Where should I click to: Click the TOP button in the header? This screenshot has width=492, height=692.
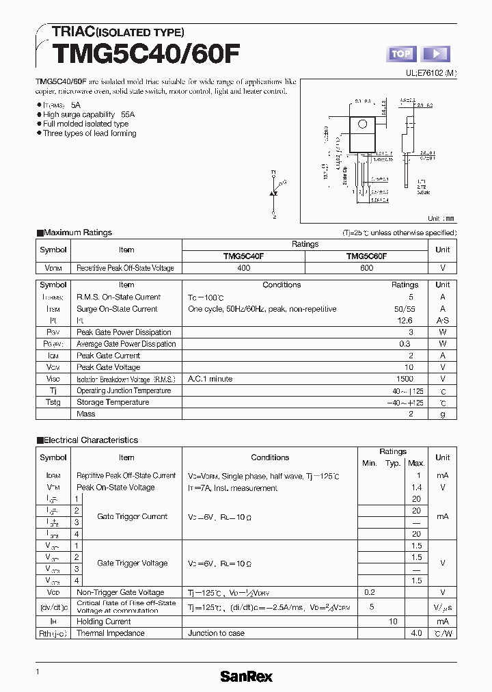401,54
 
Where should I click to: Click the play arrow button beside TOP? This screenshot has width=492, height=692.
437,54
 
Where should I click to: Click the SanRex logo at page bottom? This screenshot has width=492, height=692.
246,676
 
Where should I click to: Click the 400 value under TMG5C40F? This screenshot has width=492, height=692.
243,268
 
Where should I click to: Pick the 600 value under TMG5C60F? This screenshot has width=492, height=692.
366,268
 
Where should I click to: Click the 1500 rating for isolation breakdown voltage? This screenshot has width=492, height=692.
405,379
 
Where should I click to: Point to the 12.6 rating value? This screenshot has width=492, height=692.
405,321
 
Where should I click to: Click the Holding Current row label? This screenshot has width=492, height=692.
104,622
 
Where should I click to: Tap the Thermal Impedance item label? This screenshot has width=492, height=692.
111,633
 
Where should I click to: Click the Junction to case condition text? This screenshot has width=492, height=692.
216,633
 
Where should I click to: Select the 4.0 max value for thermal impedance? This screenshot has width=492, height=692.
416,633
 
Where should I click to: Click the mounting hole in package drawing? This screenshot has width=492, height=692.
363,124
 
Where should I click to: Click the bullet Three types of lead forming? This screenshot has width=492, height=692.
89,133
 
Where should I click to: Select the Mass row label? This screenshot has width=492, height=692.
86,414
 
